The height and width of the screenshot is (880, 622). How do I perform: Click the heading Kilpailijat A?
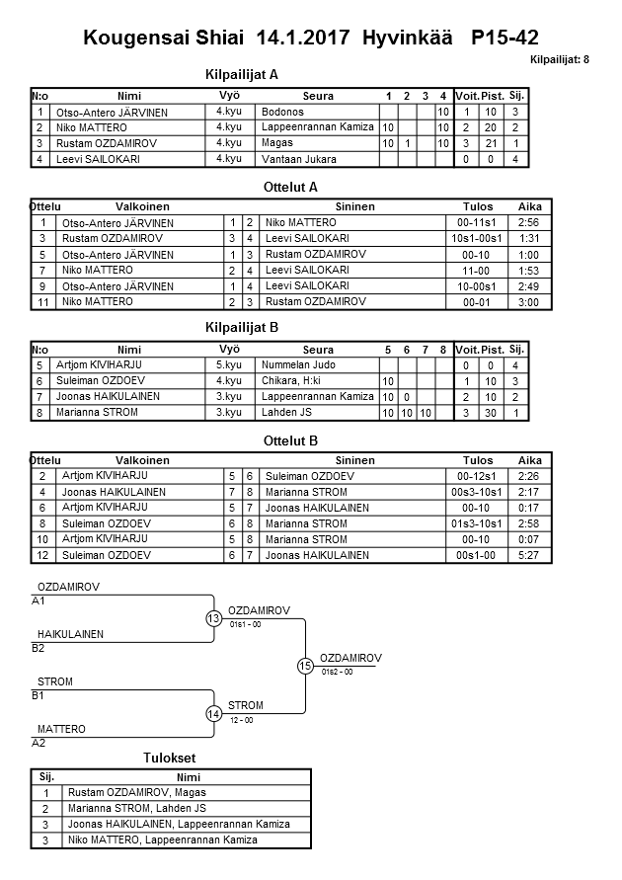(x=242, y=73)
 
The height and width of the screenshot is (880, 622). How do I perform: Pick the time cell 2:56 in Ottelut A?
(x=528, y=223)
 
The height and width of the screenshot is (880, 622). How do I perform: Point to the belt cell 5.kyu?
(x=229, y=365)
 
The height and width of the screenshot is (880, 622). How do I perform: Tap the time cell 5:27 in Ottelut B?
(x=528, y=555)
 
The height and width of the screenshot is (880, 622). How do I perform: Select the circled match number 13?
(x=213, y=618)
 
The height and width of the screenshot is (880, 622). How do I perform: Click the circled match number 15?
(x=305, y=666)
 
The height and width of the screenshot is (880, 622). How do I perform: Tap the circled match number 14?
(x=213, y=713)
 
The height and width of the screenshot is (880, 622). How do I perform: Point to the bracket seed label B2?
(x=39, y=649)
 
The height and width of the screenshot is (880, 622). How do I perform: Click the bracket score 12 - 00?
(x=241, y=720)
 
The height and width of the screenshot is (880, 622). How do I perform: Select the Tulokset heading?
(x=171, y=758)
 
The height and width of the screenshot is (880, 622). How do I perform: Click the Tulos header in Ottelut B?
(x=478, y=460)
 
